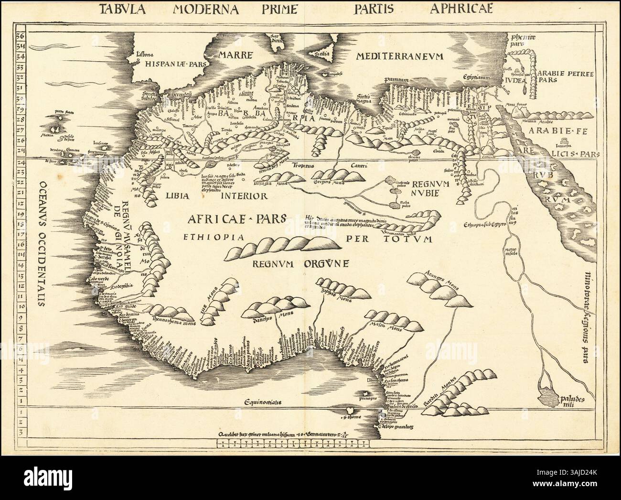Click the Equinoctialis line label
point(263,402)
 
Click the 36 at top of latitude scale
point(21,37)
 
